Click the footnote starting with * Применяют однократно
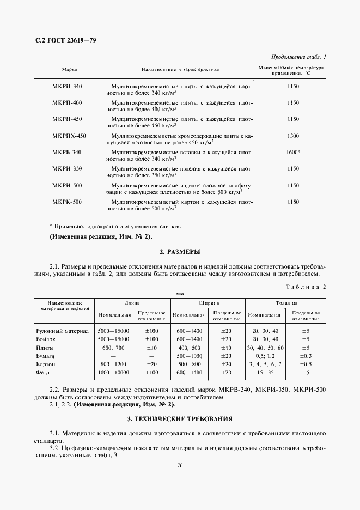point(115,226)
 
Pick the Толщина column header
point(286,301)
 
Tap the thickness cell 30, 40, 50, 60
point(265,347)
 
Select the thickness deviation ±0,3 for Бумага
point(306,355)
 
